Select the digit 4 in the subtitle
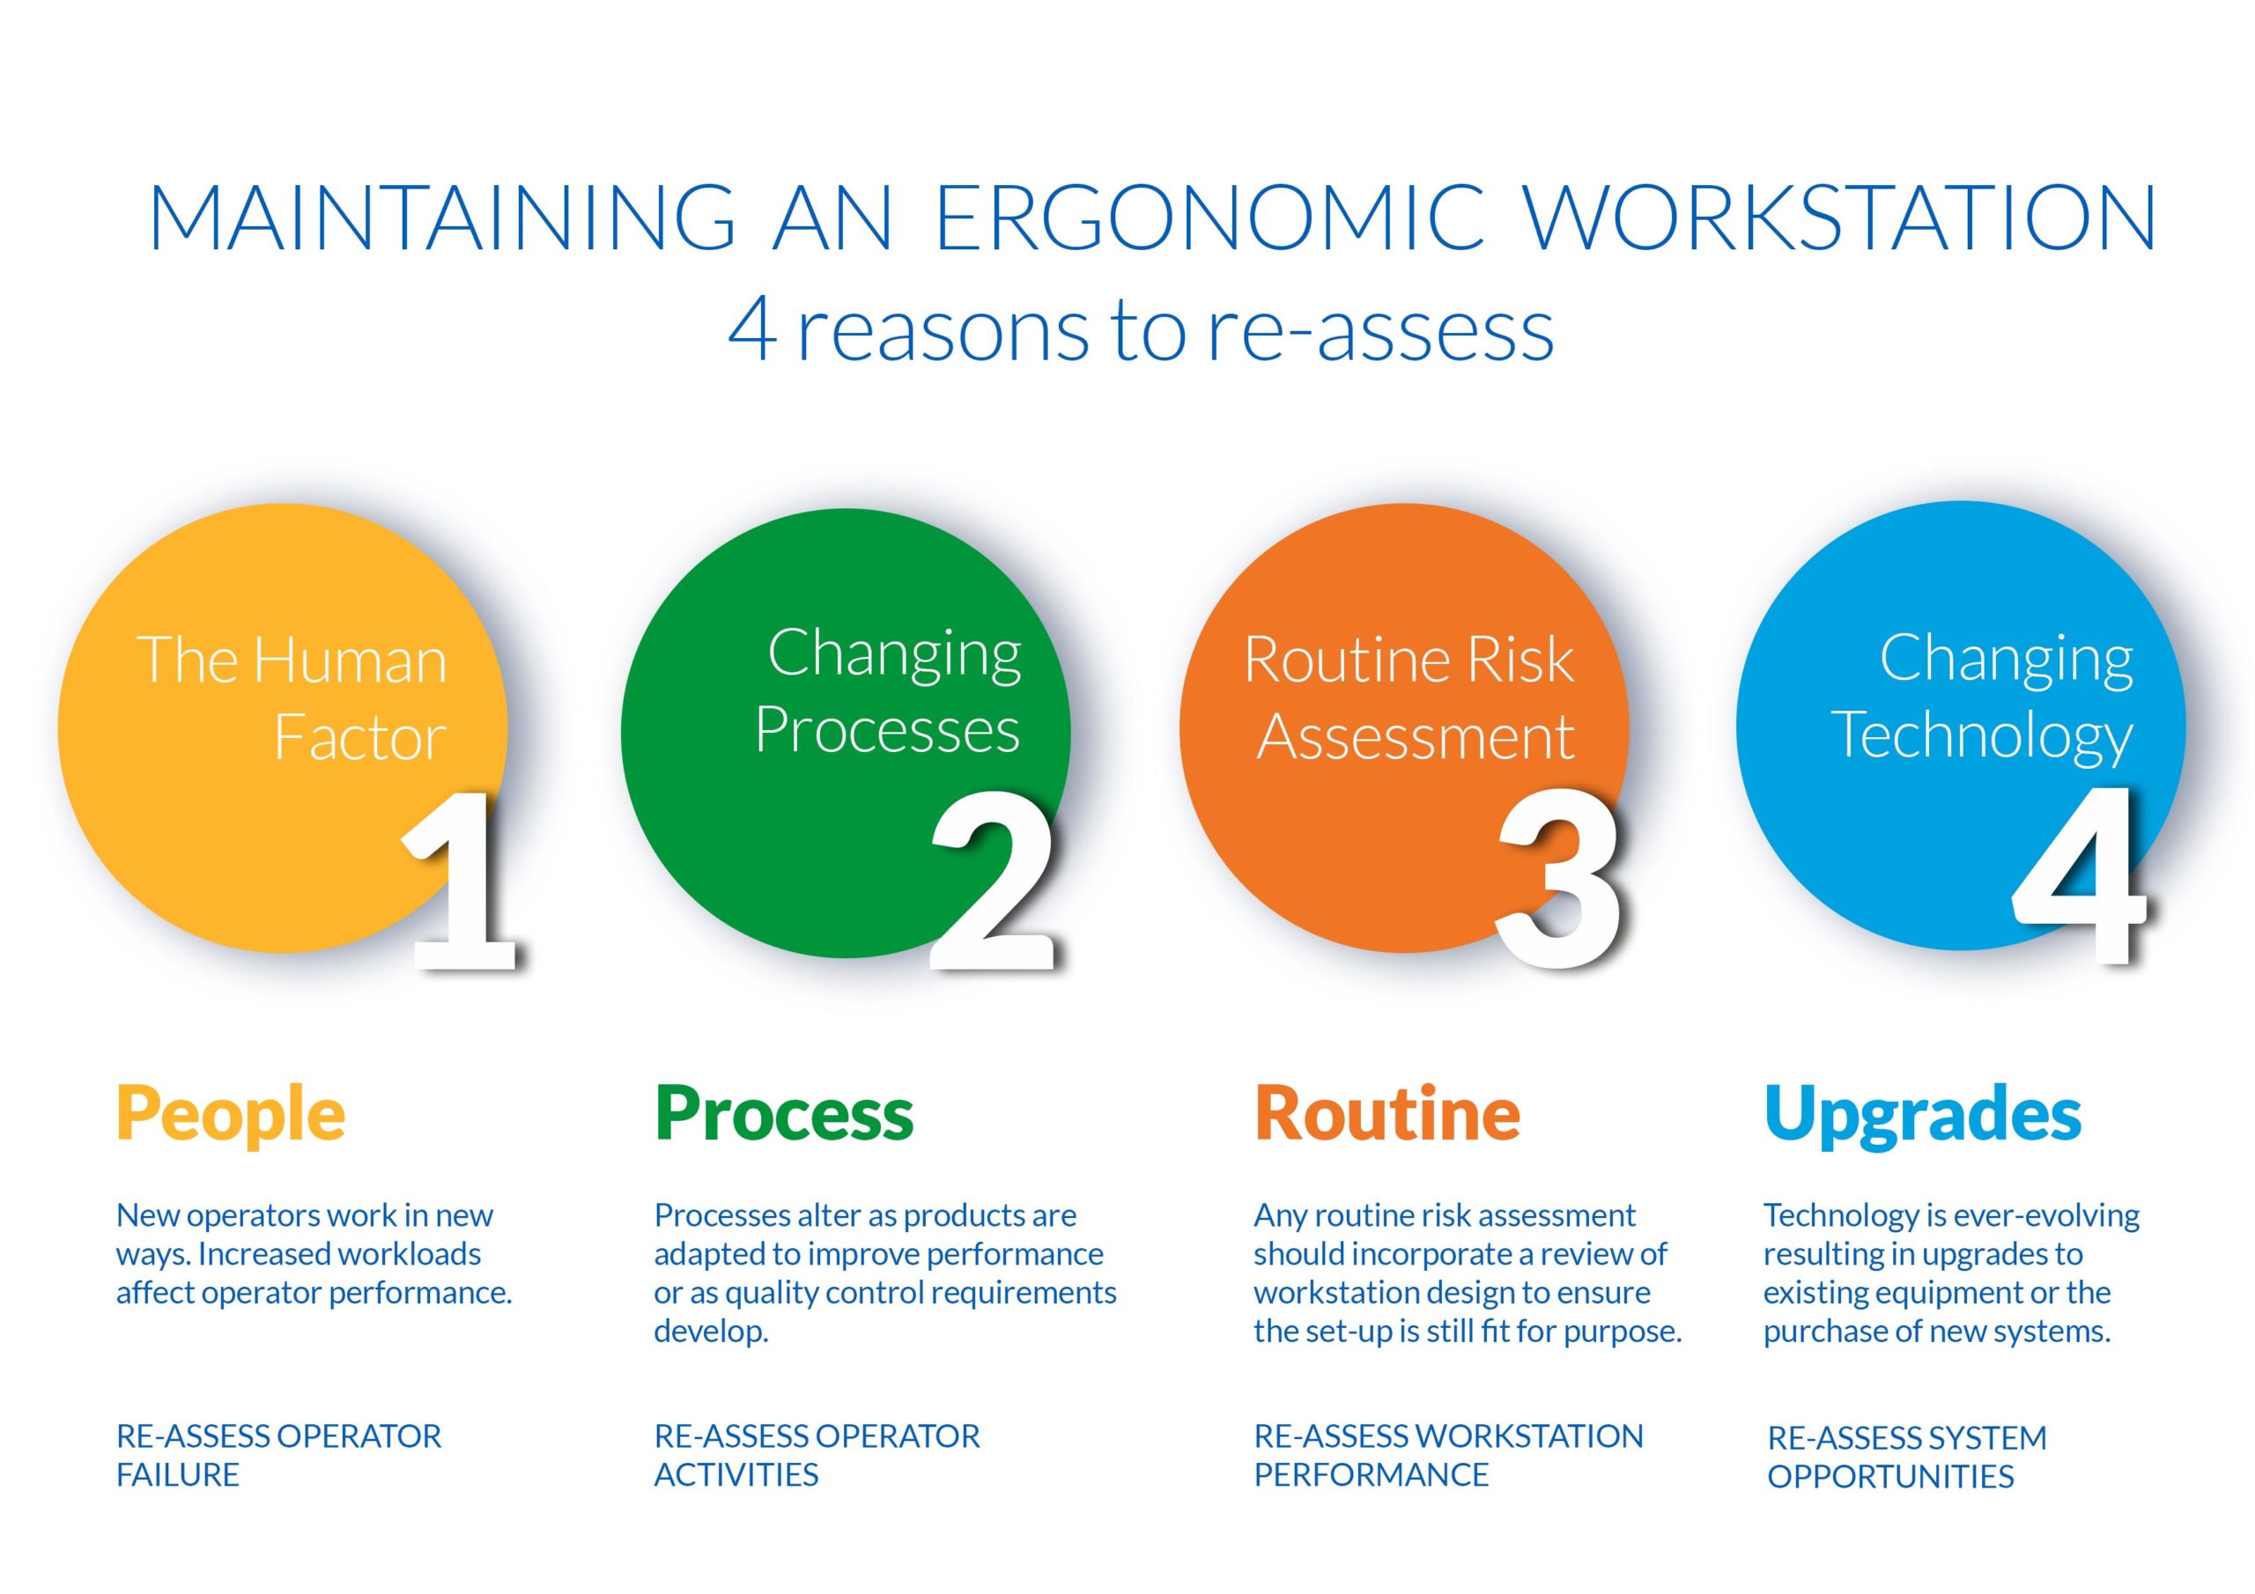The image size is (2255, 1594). (752, 331)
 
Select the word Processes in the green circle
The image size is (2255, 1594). (887, 731)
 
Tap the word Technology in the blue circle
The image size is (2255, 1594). (1982, 736)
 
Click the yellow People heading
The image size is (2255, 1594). (231, 1114)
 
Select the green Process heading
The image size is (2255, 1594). (784, 1114)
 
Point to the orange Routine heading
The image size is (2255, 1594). (1386, 1114)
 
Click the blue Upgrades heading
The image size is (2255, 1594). (1922, 1116)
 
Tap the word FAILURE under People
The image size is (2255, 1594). (178, 1475)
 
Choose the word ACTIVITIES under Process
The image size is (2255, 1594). (736, 1475)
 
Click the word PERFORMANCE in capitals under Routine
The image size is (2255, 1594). (1371, 1475)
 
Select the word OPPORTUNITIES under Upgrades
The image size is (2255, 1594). (1890, 1477)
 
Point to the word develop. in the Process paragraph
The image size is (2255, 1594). (711, 1332)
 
